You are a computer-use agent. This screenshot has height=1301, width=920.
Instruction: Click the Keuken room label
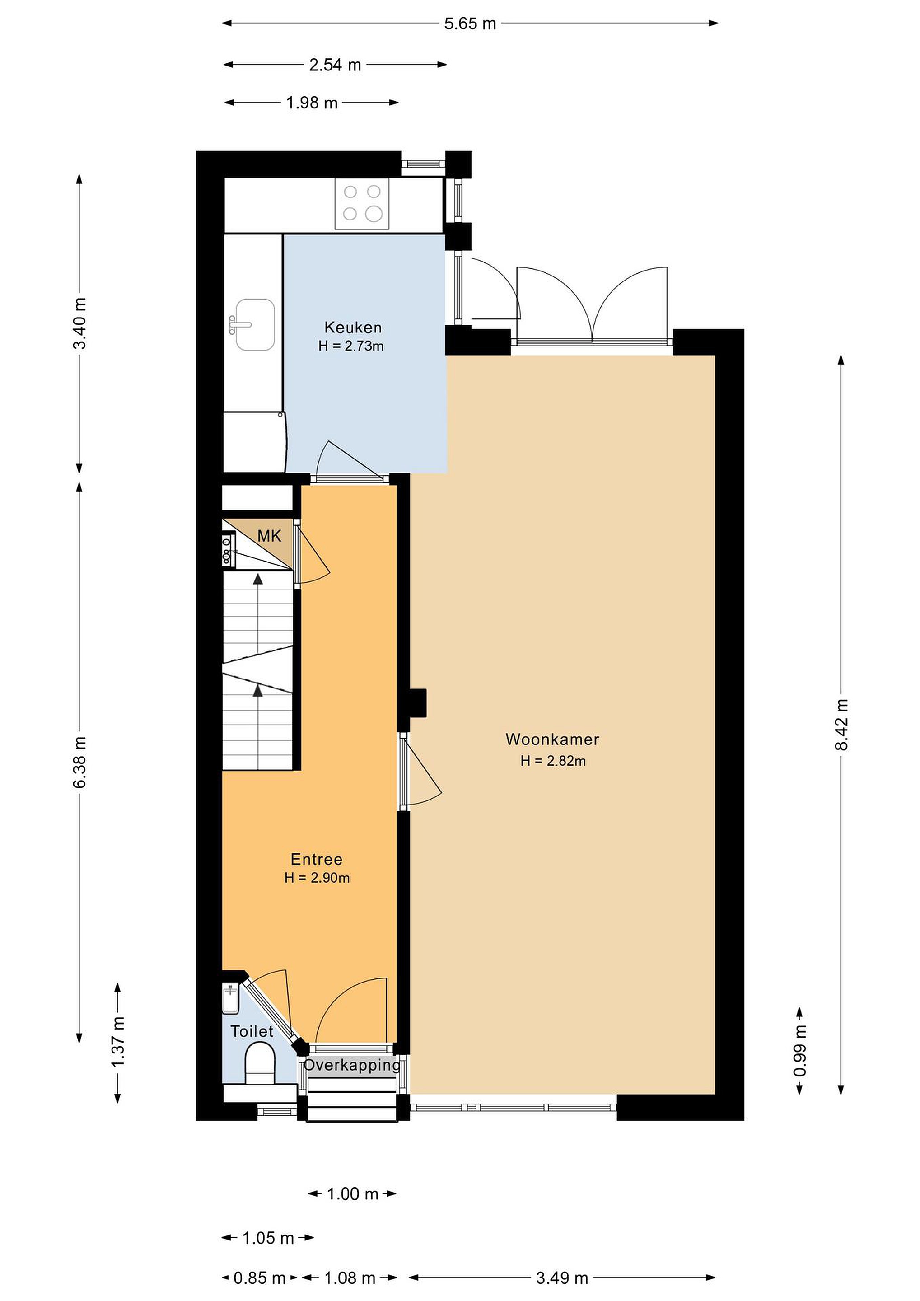coord(352,327)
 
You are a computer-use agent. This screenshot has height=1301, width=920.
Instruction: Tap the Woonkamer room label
coord(552,739)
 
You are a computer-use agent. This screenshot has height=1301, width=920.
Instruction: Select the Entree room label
coord(317,859)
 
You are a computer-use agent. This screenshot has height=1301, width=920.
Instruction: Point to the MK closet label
coord(269,536)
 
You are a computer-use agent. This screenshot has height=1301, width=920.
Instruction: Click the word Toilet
coord(252,1031)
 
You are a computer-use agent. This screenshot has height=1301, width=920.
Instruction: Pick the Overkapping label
coord(352,1065)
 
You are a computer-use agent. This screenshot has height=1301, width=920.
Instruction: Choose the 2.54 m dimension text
coord(335,65)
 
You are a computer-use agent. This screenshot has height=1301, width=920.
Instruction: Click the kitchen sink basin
coord(255,325)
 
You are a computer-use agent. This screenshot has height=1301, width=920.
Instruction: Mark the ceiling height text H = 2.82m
coord(553,761)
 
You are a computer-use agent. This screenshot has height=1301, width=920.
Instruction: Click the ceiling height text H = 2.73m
coord(351,346)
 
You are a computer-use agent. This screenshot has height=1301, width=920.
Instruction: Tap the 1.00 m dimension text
coord(352,1194)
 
